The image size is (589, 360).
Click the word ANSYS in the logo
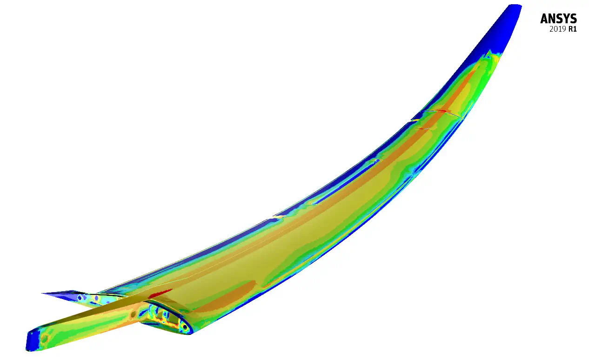[558, 19]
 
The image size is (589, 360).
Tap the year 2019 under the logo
[558, 29]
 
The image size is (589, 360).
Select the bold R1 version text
[573, 29]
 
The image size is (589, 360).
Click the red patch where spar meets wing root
[161, 293]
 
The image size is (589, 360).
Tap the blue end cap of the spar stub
[33, 340]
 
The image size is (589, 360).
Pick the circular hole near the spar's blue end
[44, 339]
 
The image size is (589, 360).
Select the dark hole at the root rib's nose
[185, 327]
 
